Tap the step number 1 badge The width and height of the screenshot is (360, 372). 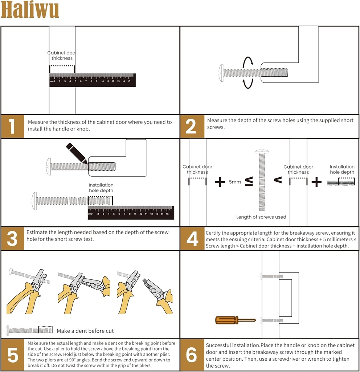pos(12,126)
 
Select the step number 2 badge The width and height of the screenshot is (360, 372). pos(191,126)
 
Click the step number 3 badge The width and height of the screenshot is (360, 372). pos(12,239)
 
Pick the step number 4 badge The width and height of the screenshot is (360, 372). pos(192,239)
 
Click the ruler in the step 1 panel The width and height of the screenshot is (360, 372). pos(92,80)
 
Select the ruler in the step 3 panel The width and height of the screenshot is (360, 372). pos(131,213)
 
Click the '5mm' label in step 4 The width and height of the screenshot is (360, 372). pos(235,182)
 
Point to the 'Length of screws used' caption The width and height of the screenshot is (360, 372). pos(261,217)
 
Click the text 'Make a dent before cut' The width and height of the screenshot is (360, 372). pos(85,331)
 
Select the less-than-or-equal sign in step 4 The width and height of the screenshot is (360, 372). pos(249,182)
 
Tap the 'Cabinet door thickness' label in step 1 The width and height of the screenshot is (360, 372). pos(62,55)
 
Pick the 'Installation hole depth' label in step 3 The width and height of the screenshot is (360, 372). pos(101,187)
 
